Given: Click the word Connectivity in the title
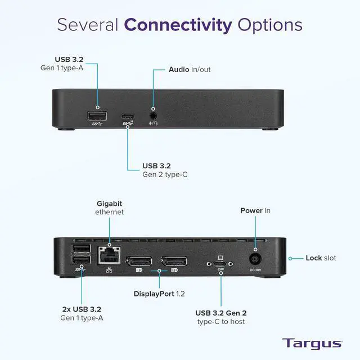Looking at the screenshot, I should point(178,25).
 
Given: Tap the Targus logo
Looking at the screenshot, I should point(312,343).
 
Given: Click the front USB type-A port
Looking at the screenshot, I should point(97,116).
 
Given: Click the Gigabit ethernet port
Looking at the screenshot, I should point(109,255).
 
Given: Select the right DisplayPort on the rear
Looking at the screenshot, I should point(174,262).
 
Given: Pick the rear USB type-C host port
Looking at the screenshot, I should point(220,263).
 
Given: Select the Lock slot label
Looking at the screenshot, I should point(321,258).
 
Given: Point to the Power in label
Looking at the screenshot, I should point(255,210).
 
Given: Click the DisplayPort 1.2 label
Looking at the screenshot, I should point(159,294).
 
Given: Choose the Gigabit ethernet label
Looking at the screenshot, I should point(109,208).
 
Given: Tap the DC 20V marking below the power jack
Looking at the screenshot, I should point(256,271).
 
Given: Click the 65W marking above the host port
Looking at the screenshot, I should point(220,270).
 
